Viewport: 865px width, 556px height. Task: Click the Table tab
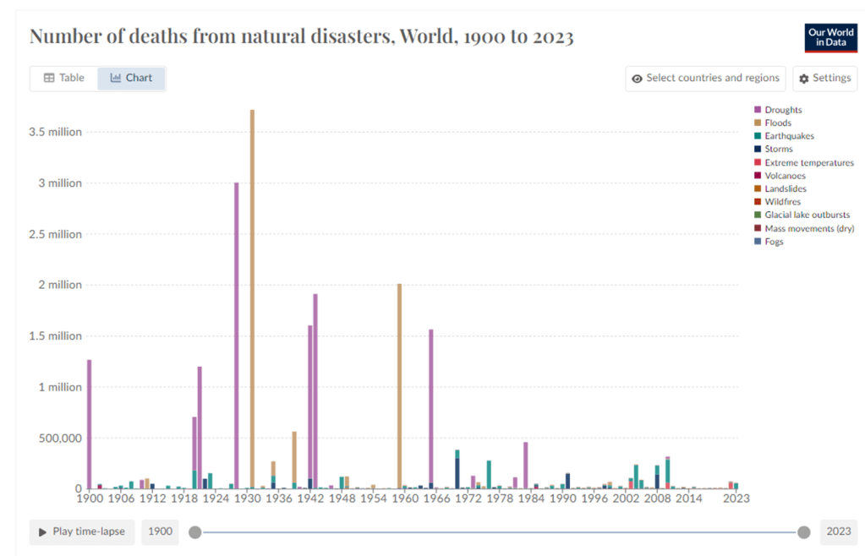point(63,78)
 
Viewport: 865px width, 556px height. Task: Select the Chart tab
point(131,78)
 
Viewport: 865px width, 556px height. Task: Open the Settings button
point(824,78)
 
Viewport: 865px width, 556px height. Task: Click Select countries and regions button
point(705,78)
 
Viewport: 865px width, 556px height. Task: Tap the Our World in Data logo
point(830,38)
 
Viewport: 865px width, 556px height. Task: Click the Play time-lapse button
point(81,531)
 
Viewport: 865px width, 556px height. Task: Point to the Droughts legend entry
point(783,110)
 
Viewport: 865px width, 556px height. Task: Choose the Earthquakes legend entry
point(789,136)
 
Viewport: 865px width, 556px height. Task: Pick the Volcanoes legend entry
point(785,176)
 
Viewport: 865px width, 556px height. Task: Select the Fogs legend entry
point(774,242)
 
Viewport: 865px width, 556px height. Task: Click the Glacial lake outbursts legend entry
point(807,215)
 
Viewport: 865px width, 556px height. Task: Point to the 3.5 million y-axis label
point(55,132)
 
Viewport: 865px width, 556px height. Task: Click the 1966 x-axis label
point(436,499)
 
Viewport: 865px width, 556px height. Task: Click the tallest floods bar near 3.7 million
point(252,296)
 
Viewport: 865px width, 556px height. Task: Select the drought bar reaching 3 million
point(237,338)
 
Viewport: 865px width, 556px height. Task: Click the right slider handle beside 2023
point(803,531)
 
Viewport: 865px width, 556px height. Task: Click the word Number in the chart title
point(63,37)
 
